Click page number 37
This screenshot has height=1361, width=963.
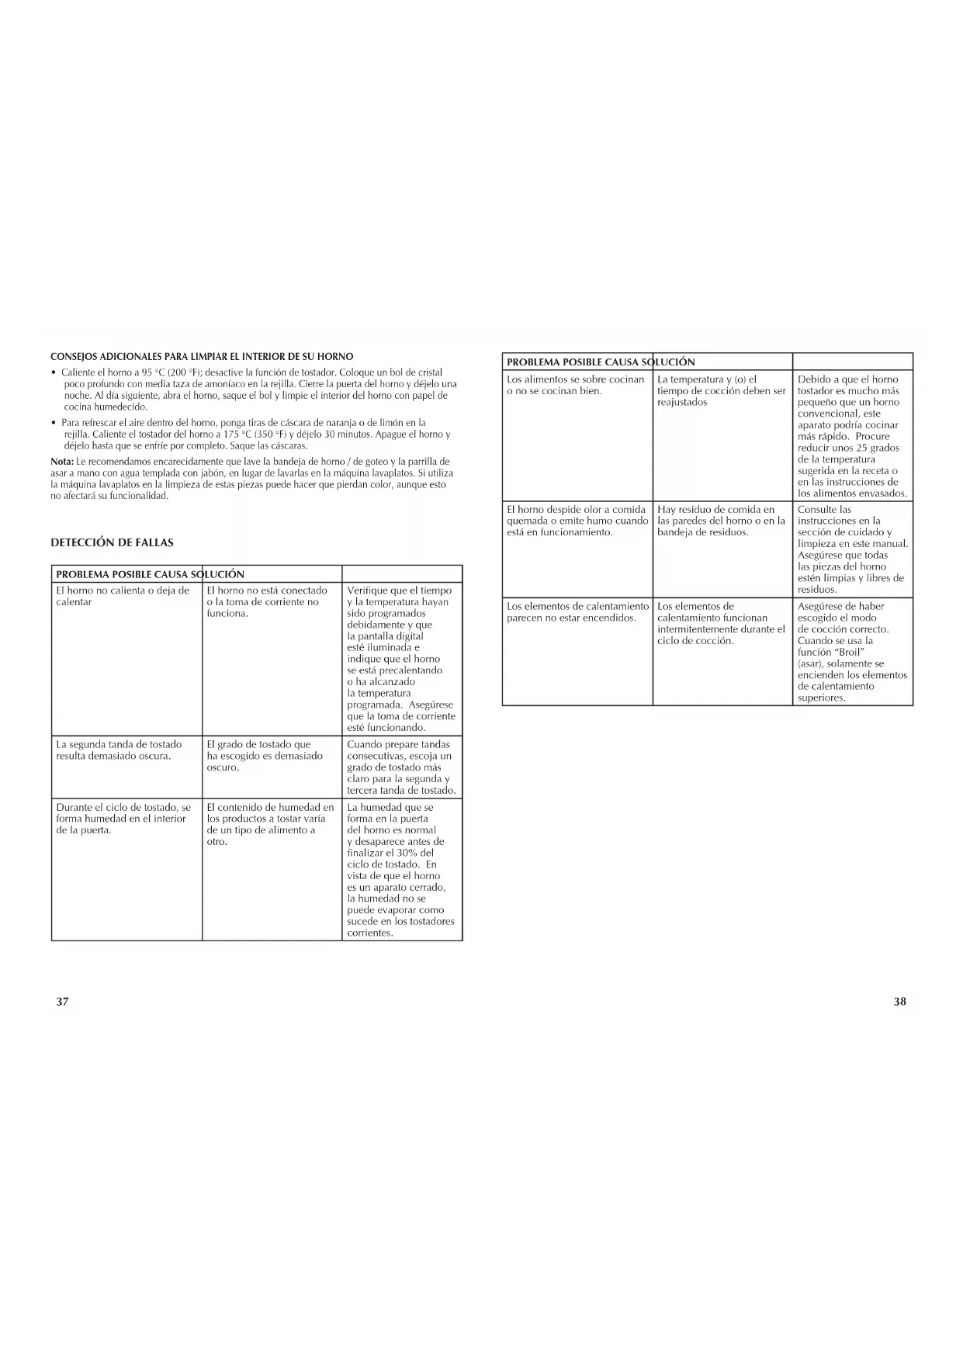click(63, 1001)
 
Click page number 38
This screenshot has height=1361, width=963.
click(899, 1001)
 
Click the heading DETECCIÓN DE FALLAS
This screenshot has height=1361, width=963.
click(112, 542)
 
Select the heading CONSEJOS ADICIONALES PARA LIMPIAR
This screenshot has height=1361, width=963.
click(202, 357)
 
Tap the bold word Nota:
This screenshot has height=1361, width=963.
click(62, 462)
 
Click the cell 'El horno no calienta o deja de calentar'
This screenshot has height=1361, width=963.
click(123, 596)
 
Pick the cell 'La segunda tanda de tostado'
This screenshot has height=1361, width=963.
click(119, 750)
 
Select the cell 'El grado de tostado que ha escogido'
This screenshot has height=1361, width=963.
click(265, 756)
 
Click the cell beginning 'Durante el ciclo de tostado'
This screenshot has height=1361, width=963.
click(123, 819)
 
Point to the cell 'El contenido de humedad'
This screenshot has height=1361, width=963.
click(270, 824)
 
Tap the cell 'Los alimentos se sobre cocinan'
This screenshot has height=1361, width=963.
click(575, 385)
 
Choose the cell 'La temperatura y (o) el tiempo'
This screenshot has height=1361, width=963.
click(721, 390)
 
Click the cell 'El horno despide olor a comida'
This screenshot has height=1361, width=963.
click(577, 521)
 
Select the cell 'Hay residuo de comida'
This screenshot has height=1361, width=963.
click(721, 521)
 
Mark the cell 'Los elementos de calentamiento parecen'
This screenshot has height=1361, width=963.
click(577, 611)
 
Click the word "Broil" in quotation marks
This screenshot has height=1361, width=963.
click(850, 653)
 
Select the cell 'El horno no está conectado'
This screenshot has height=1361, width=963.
click(267, 601)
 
